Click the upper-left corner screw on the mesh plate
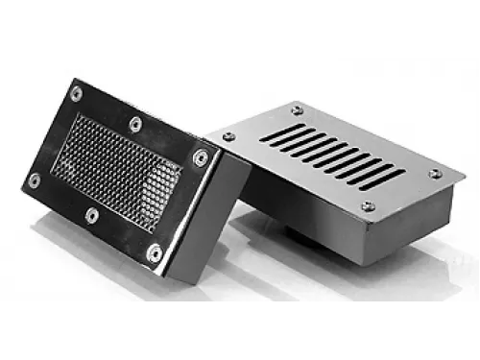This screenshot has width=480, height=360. coord(77,92)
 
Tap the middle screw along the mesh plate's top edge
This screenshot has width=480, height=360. coord(134,123)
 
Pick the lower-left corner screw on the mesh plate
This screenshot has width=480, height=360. coord(35,179)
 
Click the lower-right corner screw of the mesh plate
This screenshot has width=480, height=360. coord(154,253)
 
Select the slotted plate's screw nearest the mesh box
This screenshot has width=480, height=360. coord(229,137)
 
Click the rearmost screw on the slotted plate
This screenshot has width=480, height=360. coord(295,108)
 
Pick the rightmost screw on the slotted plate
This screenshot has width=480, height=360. coord(434,174)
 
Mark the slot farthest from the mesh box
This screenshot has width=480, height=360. coord(389,179)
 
